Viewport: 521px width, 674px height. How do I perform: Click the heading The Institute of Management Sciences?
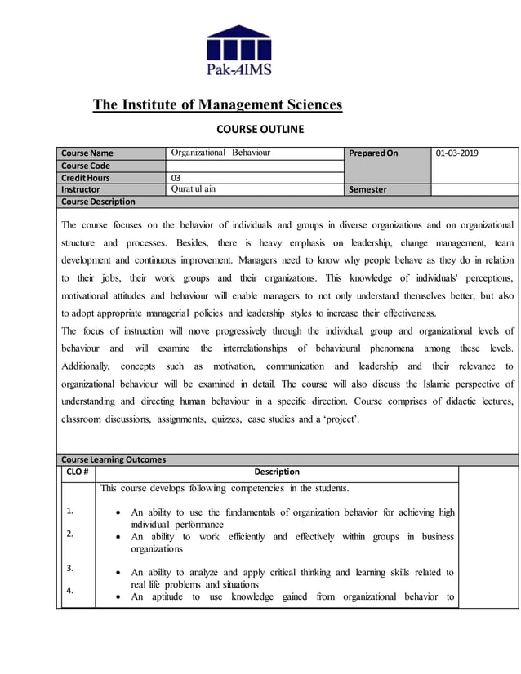click(x=217, y=104)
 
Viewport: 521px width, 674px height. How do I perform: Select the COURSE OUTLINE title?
click(x=260, y=129)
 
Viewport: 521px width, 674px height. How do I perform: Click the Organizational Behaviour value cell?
click(x=220, y=153)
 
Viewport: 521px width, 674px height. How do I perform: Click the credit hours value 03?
click(x=176, y=178)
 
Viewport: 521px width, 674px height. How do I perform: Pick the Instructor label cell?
click(x=81, y=189)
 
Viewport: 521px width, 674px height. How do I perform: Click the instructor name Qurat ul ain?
click(x=194, y=189)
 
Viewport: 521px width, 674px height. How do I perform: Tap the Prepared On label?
click(x=373, y=153)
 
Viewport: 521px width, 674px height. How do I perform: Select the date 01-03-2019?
click(x=457, y=153)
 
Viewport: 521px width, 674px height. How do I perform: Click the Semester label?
click(x=367, y=190)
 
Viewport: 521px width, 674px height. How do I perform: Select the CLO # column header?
click(x=78, y=472)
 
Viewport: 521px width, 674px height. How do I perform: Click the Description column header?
click(x=277, y=472)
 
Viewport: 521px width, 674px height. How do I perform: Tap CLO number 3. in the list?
click(x=70, y=568)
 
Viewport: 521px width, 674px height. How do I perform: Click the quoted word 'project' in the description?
click(x=336, y=419)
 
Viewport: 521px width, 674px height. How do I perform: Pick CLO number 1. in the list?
click(x=70, y=511)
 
